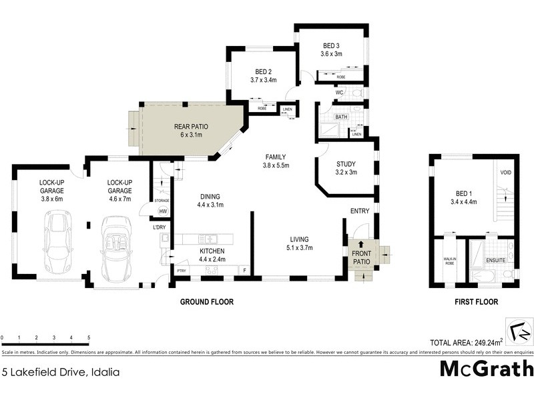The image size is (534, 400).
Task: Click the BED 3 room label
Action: coord(331,46)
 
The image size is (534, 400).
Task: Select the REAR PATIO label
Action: coord(188,127)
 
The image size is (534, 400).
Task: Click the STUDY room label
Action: coord(346,164)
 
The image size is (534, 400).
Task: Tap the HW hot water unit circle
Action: coord(162,211)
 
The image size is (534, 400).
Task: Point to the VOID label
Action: coord(505,172)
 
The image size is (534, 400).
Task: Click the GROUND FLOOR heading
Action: coord(207,302)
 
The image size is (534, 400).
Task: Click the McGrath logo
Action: coord(485,369)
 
